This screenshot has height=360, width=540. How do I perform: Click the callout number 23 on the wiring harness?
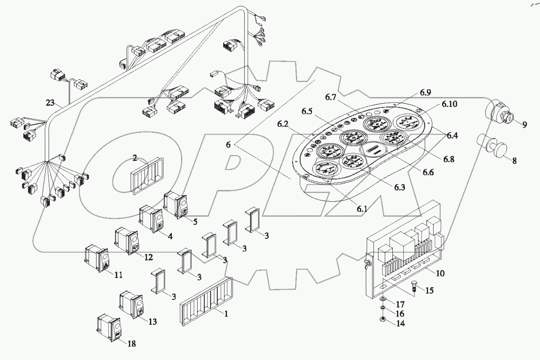tap(50, 103)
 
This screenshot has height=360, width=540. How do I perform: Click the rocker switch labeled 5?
tap(178, 205)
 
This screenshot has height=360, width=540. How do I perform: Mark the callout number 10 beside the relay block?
tap(440, 273)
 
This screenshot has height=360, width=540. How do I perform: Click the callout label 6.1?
tap(362, 209)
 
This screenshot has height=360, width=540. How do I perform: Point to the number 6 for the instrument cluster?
tap(228, 145)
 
